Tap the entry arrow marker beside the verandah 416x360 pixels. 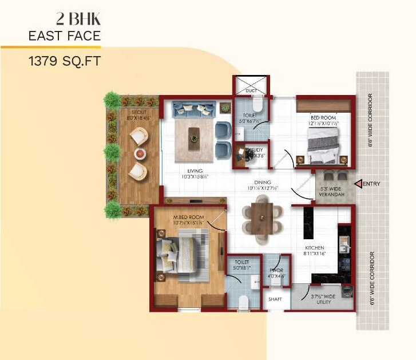[359, 184]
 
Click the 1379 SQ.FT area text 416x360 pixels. [64, 60]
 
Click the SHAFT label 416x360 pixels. [275, 299]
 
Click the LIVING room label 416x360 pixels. [196, 171]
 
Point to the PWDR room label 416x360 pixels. [276, 270]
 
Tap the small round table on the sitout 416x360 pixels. [140, 153]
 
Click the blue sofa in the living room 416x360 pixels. [194, 108]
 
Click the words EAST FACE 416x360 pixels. [64, 36]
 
